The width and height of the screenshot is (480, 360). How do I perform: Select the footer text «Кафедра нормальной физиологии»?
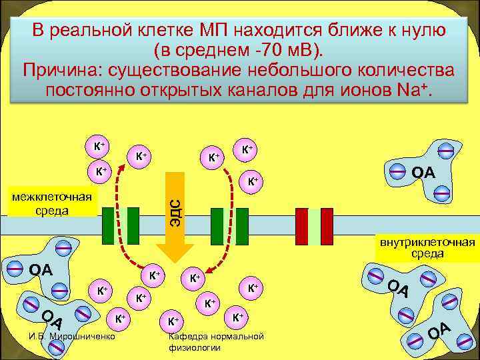click(216, 341)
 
